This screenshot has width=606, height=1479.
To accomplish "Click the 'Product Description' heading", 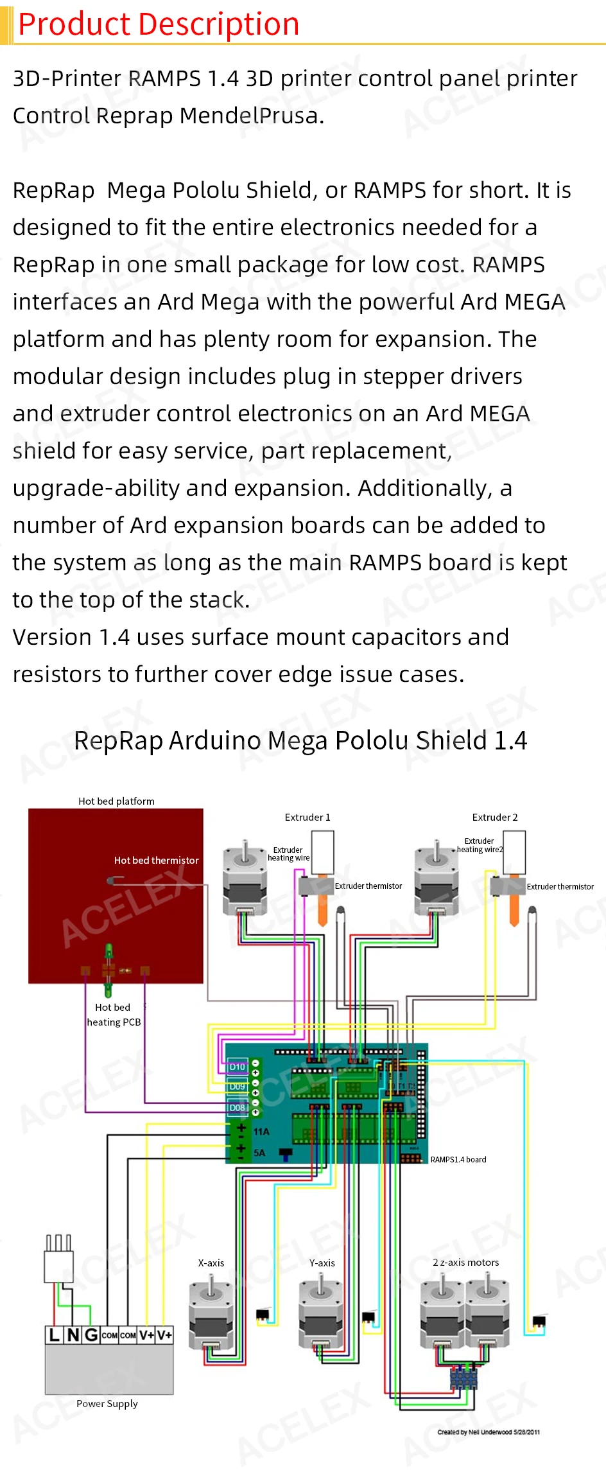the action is (x=159, y=24).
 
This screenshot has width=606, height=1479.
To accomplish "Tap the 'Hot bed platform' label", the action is (x=116, y=801).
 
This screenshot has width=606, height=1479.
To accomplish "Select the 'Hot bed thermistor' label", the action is (x=157, y=860).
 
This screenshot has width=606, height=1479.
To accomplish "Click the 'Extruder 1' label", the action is (x=307, y=817).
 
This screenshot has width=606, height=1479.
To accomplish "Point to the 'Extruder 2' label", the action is (x=495, y=817).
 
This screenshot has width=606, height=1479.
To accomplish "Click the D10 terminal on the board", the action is (x=238, y=1067).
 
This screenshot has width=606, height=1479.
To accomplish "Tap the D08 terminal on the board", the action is (x=238, y=1107).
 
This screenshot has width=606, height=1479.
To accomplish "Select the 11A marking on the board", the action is (x=261, y=1132).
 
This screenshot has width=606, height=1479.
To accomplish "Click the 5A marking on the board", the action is (x=259, y=1153).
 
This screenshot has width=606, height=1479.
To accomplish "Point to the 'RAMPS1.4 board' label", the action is (x=458, y=1159).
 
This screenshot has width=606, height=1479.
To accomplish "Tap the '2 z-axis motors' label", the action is (x=466, y=1262).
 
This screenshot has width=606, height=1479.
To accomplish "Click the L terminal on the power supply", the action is (x=55, y=1335).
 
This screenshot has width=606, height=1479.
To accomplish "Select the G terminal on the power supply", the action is (x=91, y=1335).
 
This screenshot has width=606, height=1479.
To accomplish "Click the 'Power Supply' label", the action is (x=107, y=1403).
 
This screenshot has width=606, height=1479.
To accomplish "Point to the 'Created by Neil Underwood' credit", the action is (x=489, y=1432).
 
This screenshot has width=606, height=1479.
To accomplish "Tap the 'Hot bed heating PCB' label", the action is (x=114, y=1015).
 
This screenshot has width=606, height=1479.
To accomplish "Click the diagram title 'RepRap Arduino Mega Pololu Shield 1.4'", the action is (x=300, y=740).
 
